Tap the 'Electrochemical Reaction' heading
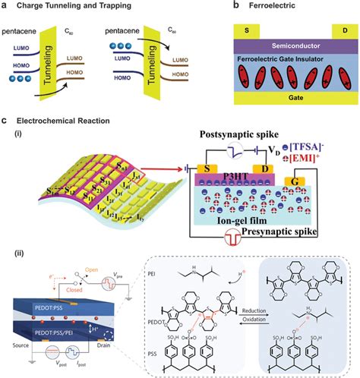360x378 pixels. click(x=65, y=121)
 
